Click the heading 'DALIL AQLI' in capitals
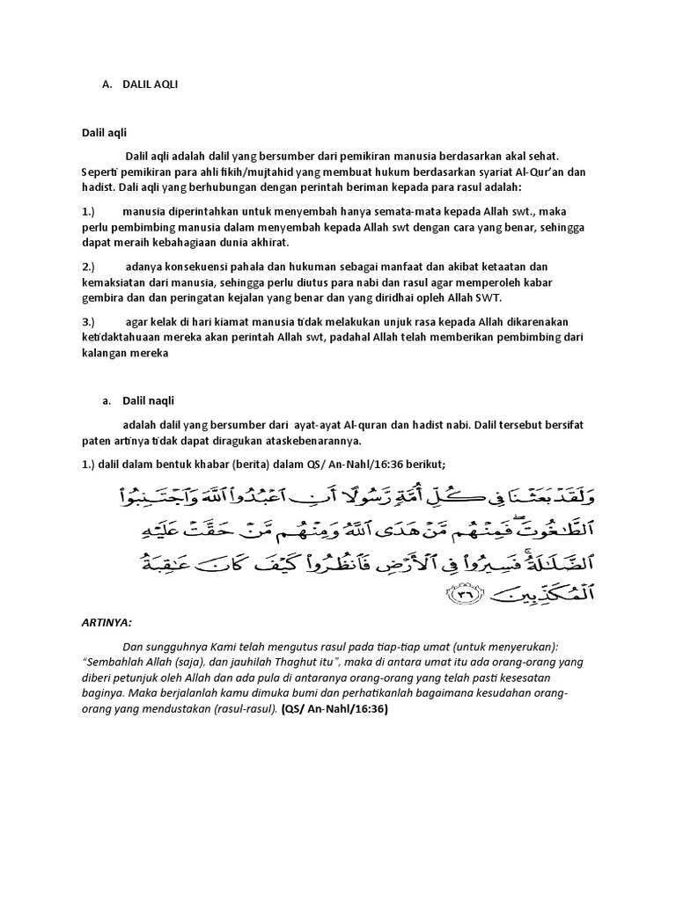coord(157,84)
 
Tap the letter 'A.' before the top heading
coord(107,84)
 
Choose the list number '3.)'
coord(88,322)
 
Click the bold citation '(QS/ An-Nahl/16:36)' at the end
coord(334,708)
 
